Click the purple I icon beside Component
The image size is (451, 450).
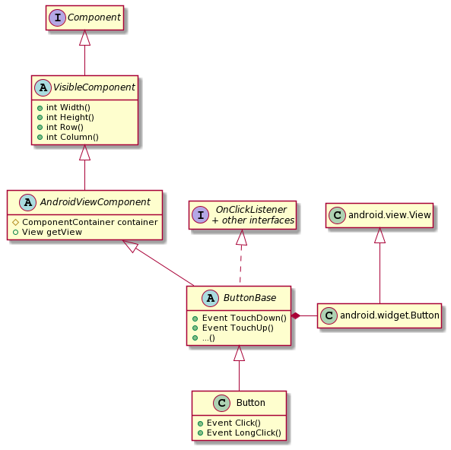coord(58,17)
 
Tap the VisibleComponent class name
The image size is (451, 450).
coord(94,87)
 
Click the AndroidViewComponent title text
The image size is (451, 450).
coord(95,202)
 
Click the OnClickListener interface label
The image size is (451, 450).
coord(251,210)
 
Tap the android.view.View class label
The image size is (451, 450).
coord(389,215)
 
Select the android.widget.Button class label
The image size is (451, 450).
coord(389,315)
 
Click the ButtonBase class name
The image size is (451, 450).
coord(249,298)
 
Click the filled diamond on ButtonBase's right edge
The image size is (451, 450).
coord(296,315)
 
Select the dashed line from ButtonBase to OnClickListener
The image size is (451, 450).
coord(241,264)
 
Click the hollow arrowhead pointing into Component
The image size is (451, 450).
coord(85,37)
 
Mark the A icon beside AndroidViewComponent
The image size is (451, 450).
coord(27,202)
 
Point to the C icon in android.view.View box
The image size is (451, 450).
coord(337,215)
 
